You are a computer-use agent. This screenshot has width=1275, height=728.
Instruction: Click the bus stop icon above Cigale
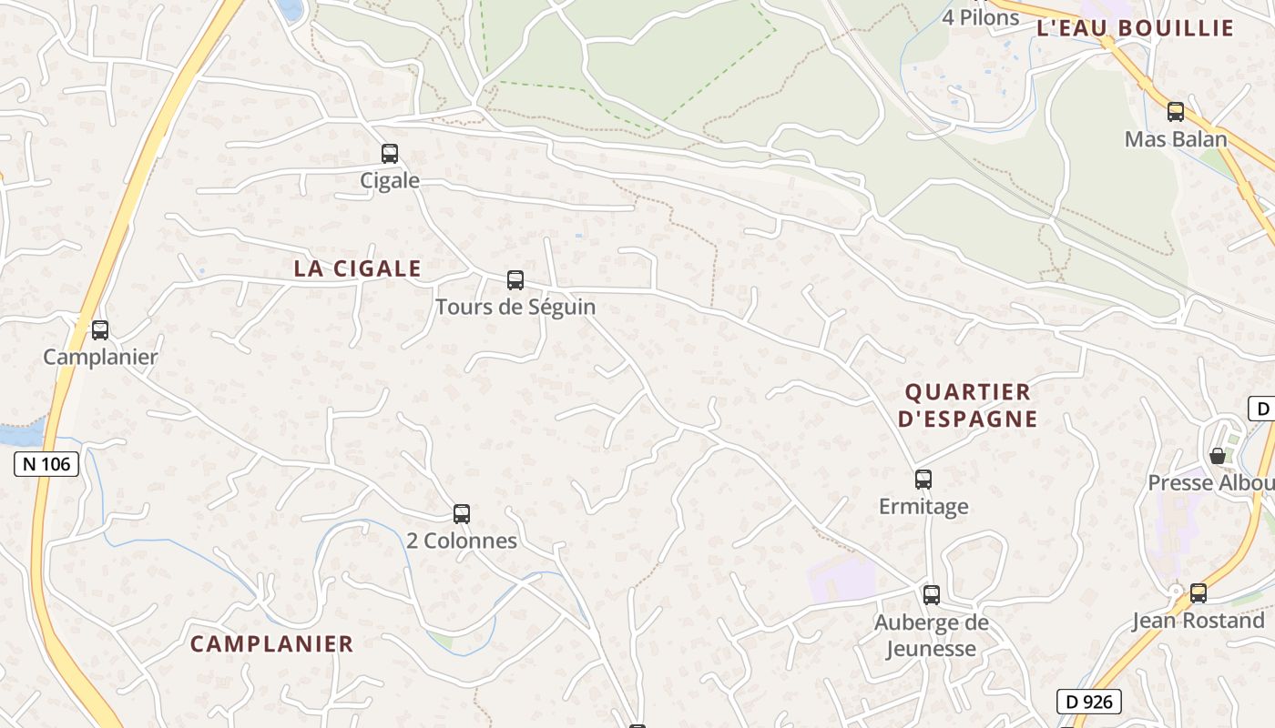[390, 154]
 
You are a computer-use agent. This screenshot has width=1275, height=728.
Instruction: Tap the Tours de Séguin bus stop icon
[515, 280]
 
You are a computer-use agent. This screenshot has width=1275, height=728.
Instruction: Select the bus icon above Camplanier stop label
[100, 330]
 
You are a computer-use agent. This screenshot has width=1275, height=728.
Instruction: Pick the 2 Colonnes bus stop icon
[462, 514]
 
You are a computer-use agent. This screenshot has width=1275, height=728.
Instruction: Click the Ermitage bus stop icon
[923, 480]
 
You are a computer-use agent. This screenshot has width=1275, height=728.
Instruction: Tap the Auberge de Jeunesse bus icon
[931, 595]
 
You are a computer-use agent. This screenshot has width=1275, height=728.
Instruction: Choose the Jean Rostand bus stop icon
[1198, 593]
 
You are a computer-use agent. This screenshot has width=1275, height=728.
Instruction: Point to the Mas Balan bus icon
[1176, 112]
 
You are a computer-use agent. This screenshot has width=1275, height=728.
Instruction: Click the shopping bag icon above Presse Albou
[1217, 455]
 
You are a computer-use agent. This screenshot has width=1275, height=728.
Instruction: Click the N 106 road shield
[47, 464]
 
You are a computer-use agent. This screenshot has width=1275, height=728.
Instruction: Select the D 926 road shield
[1089, 702]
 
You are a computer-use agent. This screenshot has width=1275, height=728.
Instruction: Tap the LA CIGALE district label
[357, 268]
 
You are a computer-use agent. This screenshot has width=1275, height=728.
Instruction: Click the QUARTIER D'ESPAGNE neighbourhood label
[967, 405]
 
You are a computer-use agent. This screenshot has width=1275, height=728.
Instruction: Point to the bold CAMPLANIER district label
[271, 643]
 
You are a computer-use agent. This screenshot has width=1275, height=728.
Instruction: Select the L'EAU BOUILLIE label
[1135, 27]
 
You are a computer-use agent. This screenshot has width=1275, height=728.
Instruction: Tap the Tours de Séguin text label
[515, 307]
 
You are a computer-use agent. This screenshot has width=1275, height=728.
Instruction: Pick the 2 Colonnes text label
[462, 541]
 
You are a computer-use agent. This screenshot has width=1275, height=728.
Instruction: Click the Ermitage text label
[923, 506]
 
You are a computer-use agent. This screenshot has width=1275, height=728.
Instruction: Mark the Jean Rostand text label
[1198, 621]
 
